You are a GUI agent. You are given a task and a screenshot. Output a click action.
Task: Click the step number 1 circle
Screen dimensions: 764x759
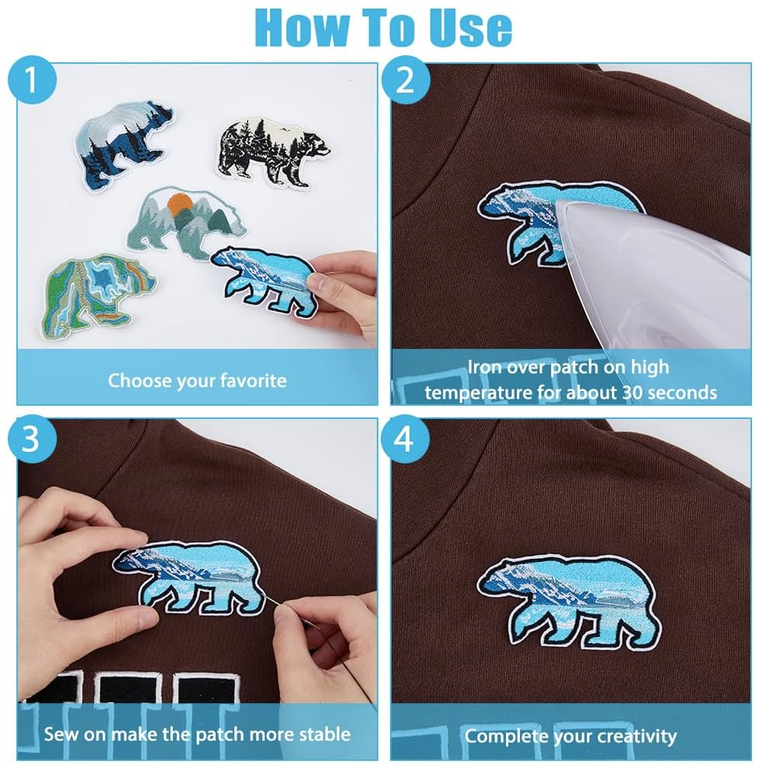coord(31,80)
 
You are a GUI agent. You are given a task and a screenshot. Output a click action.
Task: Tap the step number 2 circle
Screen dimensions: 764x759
coord(404,80)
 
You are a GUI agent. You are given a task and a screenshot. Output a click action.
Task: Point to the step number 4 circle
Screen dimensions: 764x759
coord(404,439)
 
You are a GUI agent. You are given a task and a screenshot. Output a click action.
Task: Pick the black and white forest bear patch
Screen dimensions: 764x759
coord(273,151)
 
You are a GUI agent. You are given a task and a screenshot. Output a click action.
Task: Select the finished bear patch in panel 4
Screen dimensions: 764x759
coord(568,600)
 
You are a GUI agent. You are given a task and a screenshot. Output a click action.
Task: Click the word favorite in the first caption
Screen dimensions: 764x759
coord(252,381)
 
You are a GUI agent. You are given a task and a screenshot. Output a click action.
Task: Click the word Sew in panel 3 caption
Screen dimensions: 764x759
coord(59,734)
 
